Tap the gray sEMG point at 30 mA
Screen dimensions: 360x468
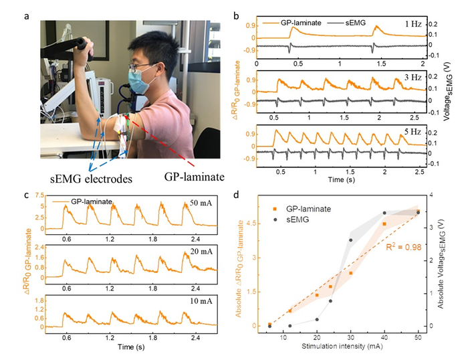click(x=350, y=240)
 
